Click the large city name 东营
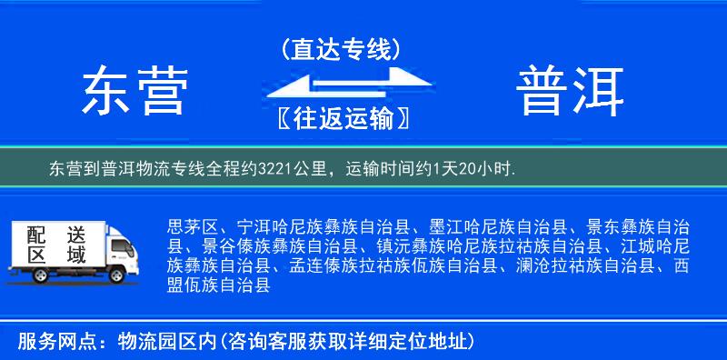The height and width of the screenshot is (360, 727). (134, 91)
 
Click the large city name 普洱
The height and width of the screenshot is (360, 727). (571, 91)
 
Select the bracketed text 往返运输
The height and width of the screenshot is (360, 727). (341, 118)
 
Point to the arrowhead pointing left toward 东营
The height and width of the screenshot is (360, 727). (289, 89)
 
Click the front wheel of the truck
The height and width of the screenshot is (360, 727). (116, 275)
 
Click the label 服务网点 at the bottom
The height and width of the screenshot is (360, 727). (52, 343)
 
